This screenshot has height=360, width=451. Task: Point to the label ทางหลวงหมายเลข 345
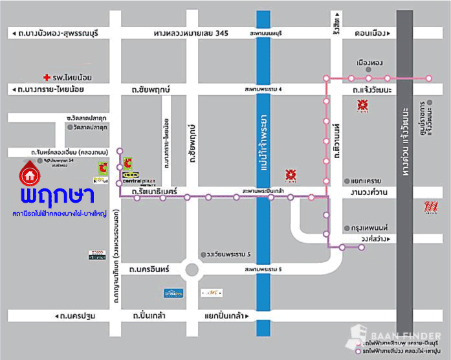[191, 32]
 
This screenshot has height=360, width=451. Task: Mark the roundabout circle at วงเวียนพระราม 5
[191, 269]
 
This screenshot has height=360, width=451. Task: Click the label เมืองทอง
[370, 63]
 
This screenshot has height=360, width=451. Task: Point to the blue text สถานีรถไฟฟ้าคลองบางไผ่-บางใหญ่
[58, 213]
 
